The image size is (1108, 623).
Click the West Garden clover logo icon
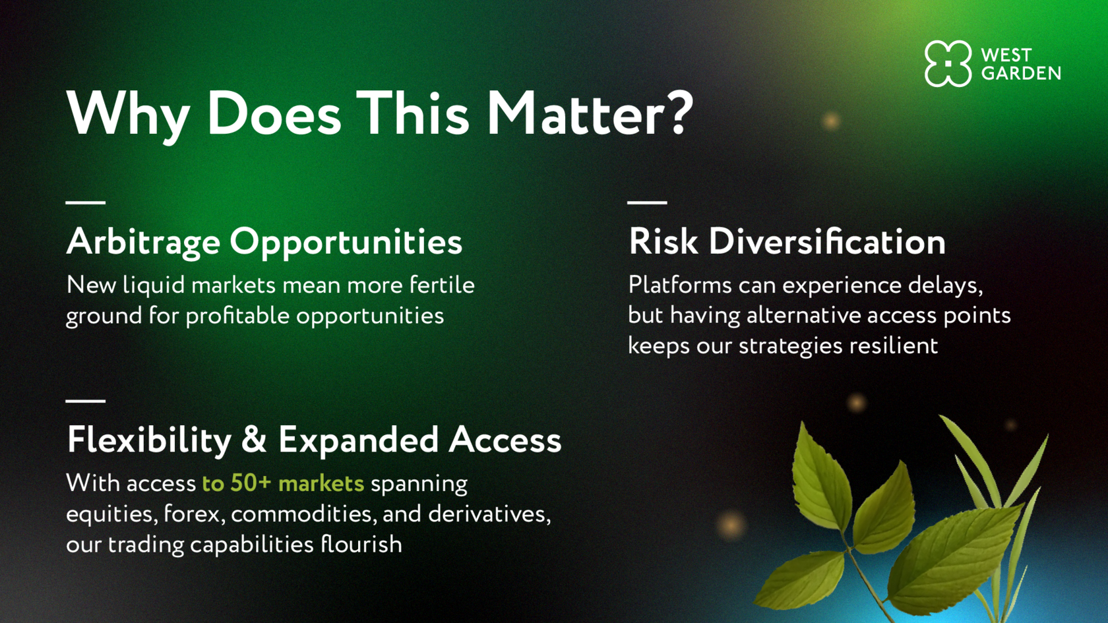click(x=948, y=64)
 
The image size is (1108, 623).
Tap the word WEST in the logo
click(x=1006, y=54)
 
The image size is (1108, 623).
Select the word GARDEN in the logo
click(x=1021, y=73)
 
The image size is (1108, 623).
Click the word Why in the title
click(x=128, y=117)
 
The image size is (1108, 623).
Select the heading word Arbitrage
click(x=144, y=243)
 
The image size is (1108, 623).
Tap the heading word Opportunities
click(x=346, y=243)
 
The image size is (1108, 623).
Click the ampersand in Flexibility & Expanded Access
click(x=255, y=440)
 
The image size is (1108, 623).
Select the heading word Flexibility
click(x=149, y=441)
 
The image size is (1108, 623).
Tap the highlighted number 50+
click(x=251, y=483)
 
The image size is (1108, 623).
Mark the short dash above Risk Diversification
click(x=647, y=202)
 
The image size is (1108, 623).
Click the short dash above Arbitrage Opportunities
click(x=86, y=202)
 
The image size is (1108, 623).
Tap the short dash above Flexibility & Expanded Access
click(x=86, y=401)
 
